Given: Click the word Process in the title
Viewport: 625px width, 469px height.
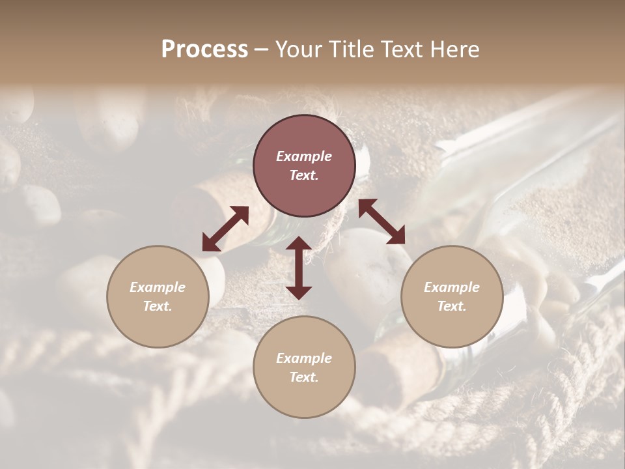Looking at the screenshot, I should pyautogui.click(x=204, y=50).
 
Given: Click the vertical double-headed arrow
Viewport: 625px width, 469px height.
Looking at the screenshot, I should pyautogui.click(x=299, y=268).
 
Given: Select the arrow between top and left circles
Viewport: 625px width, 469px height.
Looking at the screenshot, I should pyautogui.click(x=225, y=229).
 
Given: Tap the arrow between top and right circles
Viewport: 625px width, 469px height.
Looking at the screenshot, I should pyautogui.click(x=382, y=221).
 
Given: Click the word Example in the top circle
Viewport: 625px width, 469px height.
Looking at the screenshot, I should pyautogui.click(x=304, y=156).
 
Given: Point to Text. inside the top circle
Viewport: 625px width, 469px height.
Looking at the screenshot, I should pyautogui.click(x=304, y=175).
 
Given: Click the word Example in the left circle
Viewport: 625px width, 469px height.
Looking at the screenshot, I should pyautogui.click(x=158, y=287).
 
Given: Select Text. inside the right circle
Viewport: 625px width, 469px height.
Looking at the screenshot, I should pyautogui.click(x=452, y=306).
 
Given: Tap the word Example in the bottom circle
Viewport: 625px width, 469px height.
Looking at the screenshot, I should pyautogui.click(x=304, y=358).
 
